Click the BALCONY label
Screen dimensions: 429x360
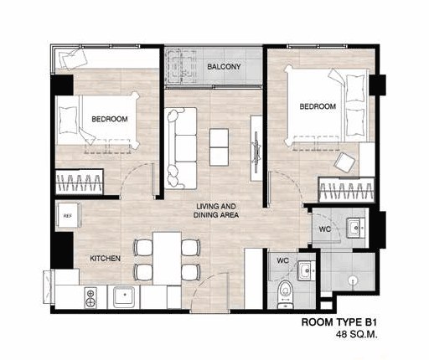pyautogui.click(x=224, y=67)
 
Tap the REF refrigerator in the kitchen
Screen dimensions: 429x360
pyautogui.click(x=69, y=216)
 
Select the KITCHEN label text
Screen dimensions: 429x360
pyautogui.click(x=106, y=259)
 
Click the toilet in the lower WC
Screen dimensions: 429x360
pyautogui.click(x=286, y=295)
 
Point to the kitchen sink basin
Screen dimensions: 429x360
pyautogui.click(x=124, y=296)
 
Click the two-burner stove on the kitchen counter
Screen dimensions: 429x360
pyautogui.click(x=90, y=298)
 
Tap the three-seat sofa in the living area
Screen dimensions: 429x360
pyautogui.click(x=181, y=148)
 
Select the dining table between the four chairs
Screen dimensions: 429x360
pyautogui.click(x=167, y=258)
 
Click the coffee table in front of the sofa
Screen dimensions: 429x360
pyautogui.click(x=219, y=147)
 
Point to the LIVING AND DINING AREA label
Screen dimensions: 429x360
pyautogui.click(x=216, y=211)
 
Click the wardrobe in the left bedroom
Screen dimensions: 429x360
pyautogui.click(x=80, y=182)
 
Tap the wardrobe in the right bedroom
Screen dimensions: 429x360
pyautogui.click(x=346, y=190)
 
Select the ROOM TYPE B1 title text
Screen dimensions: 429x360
pyautogui.click(x=339, y=322)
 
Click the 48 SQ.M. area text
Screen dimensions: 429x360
pyautogui.click(x=357, y=334)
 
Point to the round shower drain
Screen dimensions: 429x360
pyautogui.click(x=354, y=280)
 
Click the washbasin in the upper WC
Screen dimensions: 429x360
pyautogui.click(x=355, y=228)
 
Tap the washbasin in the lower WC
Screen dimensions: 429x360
pyautogui.click(x=306, y=270)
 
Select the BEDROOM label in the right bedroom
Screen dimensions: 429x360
pyautogui.click(x=318, y=106)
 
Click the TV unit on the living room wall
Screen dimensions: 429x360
pyautogui.click(x=256, y=148)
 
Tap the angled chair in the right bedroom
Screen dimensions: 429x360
pyautogui.click(x=344, y=162)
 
